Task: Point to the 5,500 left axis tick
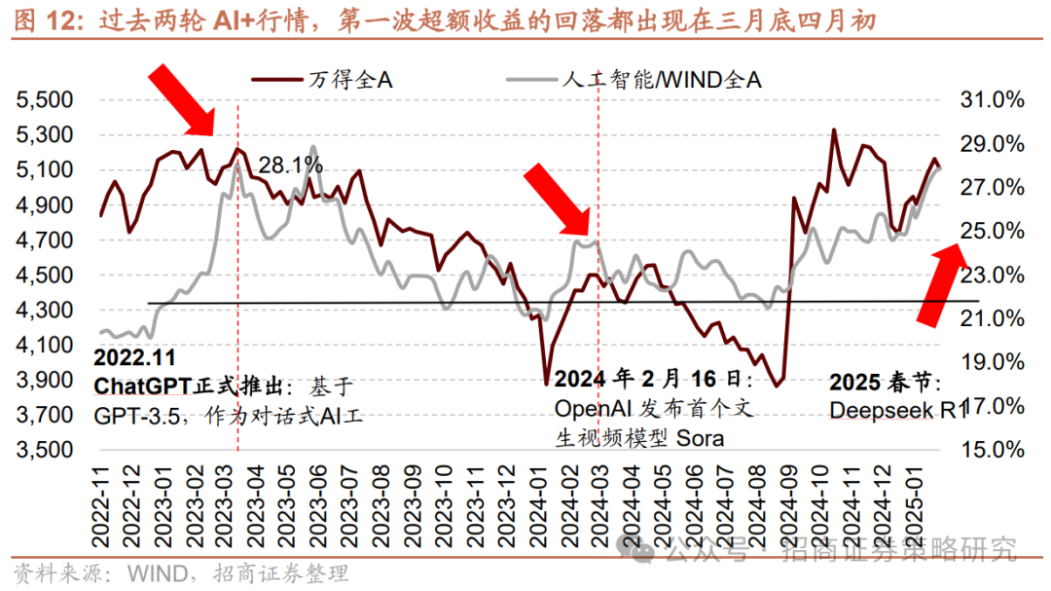tap(46, 100)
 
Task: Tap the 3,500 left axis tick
tap(46, 451)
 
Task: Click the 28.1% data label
tap(290, 166)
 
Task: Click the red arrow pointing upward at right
tap(942, 282)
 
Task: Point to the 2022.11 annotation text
tap(136, 357)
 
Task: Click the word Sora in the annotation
tap(699, 437)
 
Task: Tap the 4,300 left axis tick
tap(46, 311)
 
